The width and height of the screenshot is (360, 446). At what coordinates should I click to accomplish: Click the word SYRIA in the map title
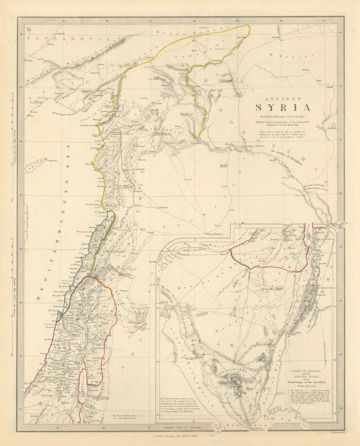tap(282, 107)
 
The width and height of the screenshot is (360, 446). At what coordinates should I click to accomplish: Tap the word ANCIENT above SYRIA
tap(282, 99)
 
